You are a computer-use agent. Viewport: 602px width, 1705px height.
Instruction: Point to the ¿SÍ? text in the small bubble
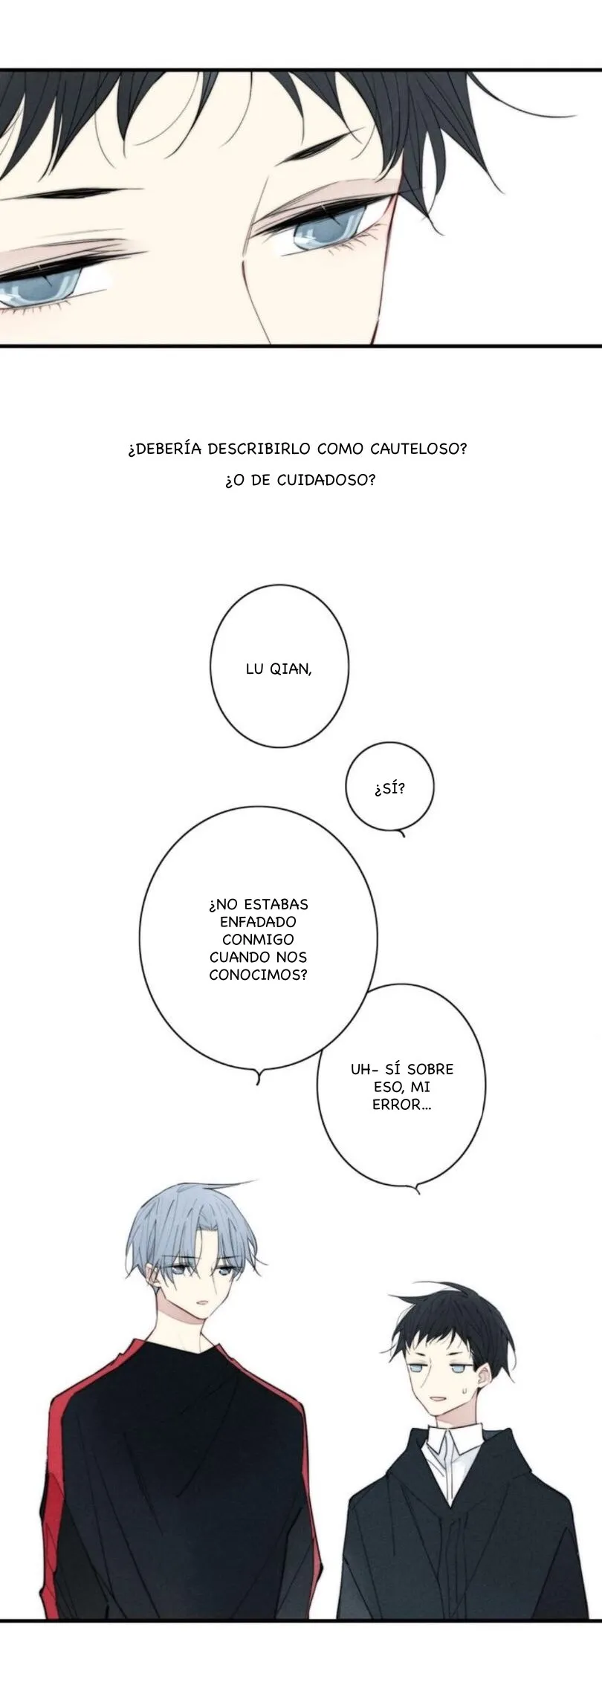(390, 787)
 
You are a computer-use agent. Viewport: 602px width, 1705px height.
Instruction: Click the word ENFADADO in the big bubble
(258, 922)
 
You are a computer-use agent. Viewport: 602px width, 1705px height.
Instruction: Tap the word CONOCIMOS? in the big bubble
(258, 975)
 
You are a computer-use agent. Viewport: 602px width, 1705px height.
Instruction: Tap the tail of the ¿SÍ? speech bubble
(402, 832)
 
